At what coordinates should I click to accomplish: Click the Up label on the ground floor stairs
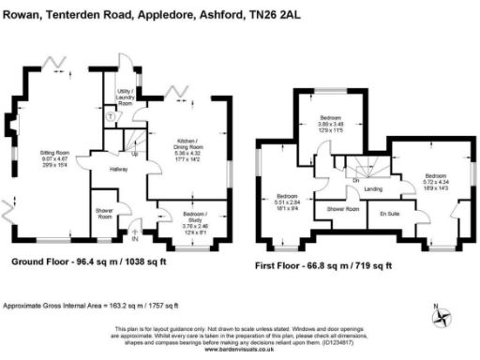[135, 154]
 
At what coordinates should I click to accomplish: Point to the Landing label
[372, 189]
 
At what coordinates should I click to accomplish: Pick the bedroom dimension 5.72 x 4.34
[434, 181]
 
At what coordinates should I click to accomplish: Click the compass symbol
[440, 313]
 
